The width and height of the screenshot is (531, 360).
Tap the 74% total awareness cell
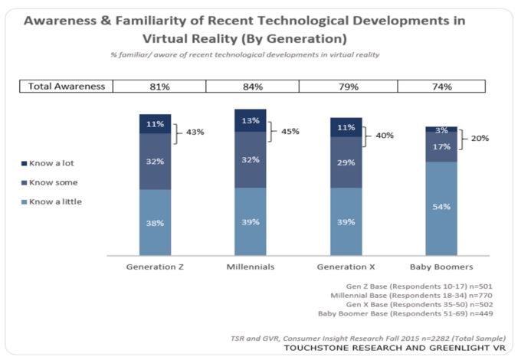441,87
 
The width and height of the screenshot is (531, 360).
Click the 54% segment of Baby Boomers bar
441,207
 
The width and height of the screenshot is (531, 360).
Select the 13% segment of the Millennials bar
251,120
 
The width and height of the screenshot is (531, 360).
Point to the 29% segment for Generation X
346,163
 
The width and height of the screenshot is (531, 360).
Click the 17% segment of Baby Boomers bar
441,146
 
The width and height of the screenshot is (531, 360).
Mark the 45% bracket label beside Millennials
290,131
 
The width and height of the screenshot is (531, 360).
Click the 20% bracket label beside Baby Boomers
480,139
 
